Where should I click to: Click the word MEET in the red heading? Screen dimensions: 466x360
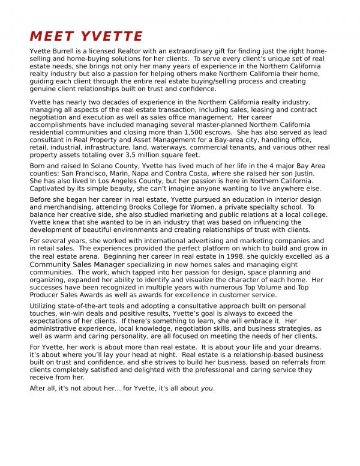pyautogui.click(x=51, y=36)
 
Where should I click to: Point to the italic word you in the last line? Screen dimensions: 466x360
pyautogui.click(x=206, y=389)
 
